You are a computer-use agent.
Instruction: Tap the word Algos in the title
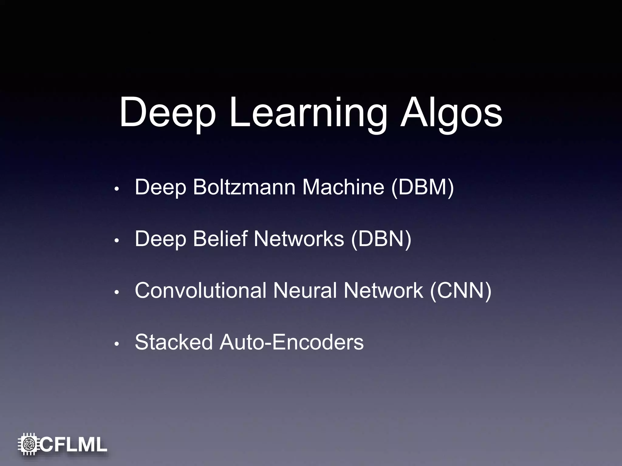[x=451, y=113]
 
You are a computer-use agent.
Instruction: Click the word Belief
[x=220, y=239]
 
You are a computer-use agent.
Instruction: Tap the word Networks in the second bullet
[x=299, y=239]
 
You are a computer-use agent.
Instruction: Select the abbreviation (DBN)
[x=381, y=239]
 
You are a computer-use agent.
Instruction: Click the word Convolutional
[x=201, y=290]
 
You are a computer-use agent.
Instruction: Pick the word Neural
[x=305, y=290]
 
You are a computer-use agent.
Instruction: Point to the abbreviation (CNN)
[x=461, y=290]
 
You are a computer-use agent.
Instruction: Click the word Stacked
[x=174, y=342]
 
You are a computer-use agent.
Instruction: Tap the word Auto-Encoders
[x=292, y=342]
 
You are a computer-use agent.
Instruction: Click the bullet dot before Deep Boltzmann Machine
[x=116, y=189]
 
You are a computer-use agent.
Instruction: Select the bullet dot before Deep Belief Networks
[x=116, y=241]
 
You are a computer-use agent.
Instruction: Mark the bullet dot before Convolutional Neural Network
[x=116, y=293]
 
